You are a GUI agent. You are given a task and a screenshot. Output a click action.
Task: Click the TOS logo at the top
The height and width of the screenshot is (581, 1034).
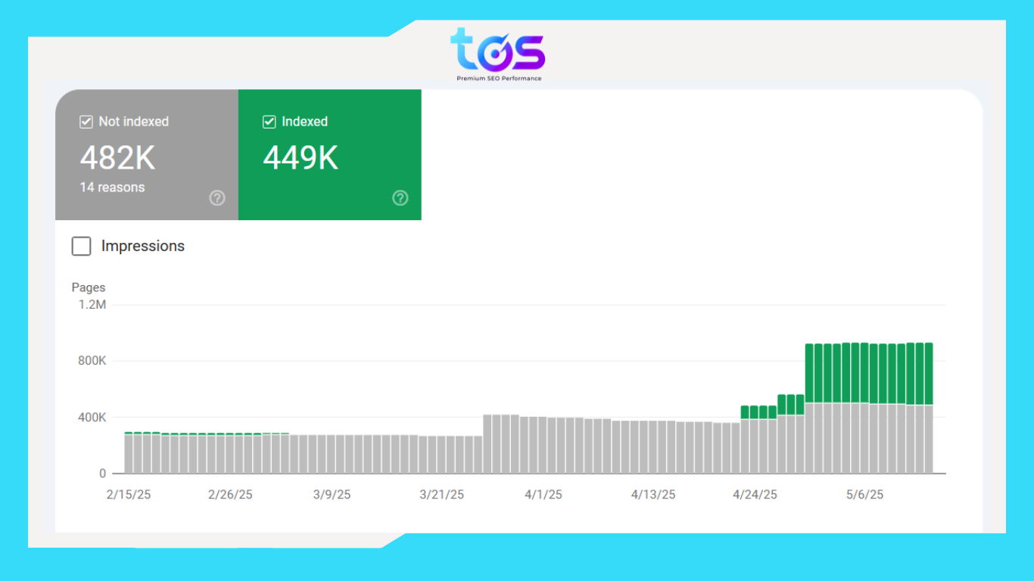point(498,53)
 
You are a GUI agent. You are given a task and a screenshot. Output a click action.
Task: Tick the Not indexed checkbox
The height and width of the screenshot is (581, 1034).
point(86,122)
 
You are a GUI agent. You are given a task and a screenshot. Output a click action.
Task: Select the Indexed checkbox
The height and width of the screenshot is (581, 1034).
point(269,122)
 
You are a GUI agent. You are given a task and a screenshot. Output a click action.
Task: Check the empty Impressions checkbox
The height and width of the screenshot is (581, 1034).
point(81,246)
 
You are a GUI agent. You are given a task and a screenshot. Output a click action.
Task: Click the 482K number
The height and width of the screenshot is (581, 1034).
point(117,158)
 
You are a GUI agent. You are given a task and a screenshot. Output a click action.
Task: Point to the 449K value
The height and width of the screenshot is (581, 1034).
point(301,158)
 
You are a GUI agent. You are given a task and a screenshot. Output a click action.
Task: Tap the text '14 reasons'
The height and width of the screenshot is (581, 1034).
point(112,188)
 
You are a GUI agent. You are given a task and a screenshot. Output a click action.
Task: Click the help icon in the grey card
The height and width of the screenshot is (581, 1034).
point(217,198)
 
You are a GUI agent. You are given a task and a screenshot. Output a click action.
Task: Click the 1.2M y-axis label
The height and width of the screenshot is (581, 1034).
point(92,305)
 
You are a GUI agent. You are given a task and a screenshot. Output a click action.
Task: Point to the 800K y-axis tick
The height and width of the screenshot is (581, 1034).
point(92,361)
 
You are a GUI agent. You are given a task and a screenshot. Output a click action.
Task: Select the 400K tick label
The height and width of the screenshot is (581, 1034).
point(92,418)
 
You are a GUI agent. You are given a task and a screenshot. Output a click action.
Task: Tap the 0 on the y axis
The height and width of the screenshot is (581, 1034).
point(102,474)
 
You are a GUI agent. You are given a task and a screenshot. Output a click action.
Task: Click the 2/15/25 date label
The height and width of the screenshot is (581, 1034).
point(128,495)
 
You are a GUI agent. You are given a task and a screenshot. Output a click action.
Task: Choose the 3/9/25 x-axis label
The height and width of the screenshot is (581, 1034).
point(332,495)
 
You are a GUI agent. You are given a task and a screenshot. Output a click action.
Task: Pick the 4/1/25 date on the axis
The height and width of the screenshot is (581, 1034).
point(543,495)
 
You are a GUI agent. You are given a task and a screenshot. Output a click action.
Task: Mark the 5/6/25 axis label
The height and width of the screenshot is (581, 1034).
point(864,495)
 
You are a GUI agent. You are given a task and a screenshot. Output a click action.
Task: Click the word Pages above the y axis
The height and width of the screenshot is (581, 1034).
point(89,287)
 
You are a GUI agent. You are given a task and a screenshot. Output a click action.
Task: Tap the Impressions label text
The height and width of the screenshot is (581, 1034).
point(143,246)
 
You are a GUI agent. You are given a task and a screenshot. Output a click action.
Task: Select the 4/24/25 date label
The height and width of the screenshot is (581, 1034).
point(755,495)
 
